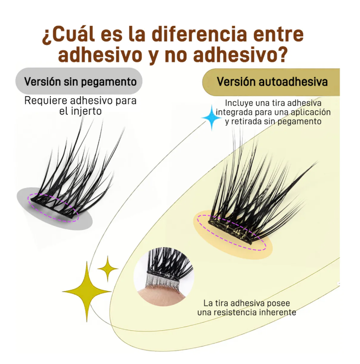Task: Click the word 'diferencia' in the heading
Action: (199, 34)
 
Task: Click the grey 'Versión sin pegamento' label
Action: (79, 81)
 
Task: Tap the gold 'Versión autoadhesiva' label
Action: (271, 82)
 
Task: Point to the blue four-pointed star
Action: (211, 118)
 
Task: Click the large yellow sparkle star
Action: (87, 291)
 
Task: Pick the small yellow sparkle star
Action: (108, 269)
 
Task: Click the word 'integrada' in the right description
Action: (234, 112)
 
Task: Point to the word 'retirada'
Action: (247, 121)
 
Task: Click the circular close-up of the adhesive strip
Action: (164, 276)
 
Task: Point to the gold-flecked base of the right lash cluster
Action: (230, 230)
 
